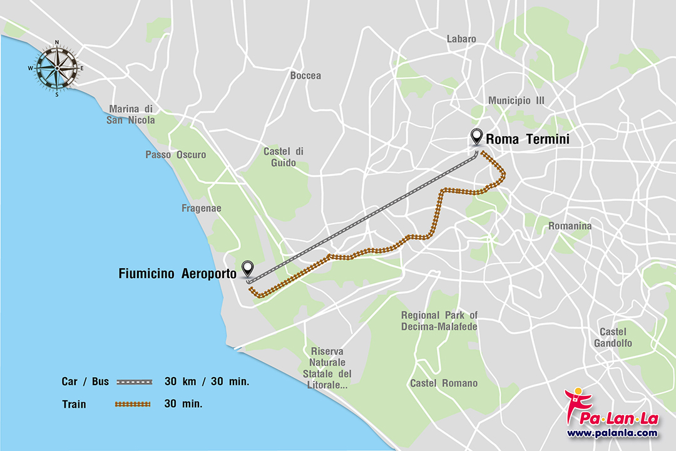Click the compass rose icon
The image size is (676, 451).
click(56, 68)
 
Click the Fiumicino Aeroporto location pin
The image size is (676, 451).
click(248, 269)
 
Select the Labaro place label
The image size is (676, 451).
click(461, 39)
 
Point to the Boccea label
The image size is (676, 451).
click(305, 76)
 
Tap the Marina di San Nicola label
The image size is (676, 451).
click(131, 114)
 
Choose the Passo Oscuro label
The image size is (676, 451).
click(176, 155)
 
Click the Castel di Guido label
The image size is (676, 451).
click(283, 157)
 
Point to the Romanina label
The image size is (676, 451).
click(570, 226)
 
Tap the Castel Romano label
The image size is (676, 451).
click(443, 383)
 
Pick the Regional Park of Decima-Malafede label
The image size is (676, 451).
click(439, 321)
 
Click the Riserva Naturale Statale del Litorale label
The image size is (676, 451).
click(330, 368)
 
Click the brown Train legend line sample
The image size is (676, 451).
click(133, 404)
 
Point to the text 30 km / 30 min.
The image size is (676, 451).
click(207, 381)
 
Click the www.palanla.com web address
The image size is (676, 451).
click(612, 433)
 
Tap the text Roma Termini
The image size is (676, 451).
click(527, 139)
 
